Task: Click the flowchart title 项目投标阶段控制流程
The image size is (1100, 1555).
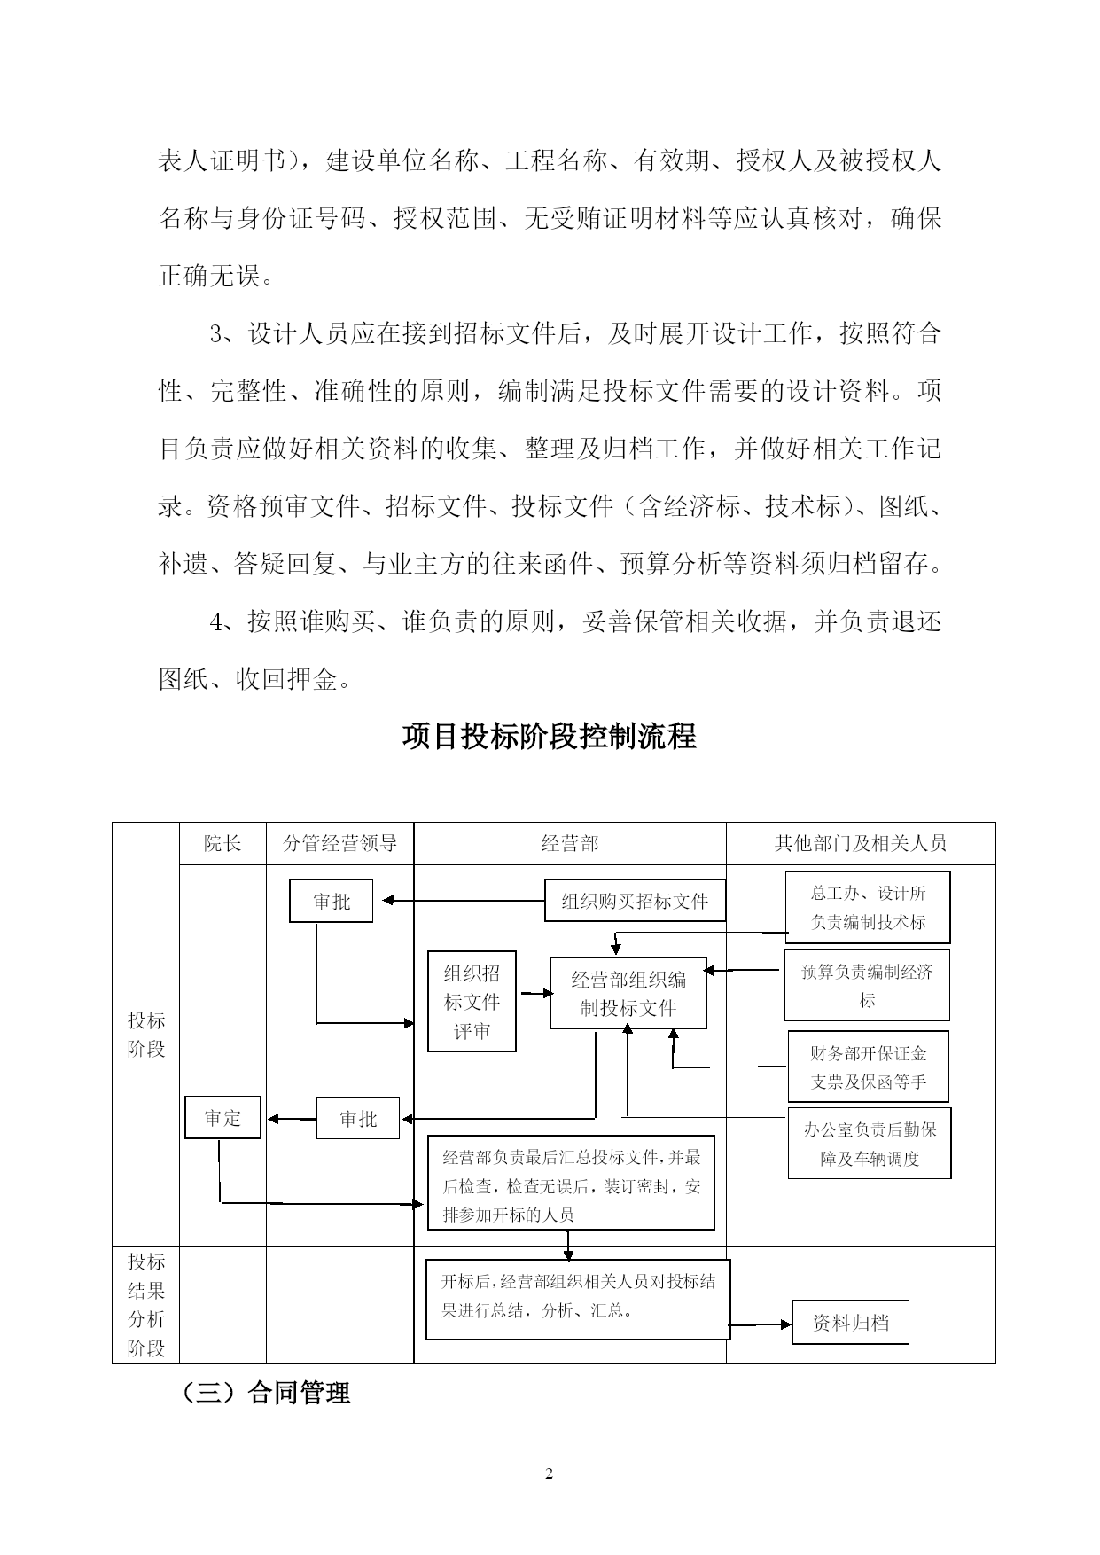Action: click(549, 736)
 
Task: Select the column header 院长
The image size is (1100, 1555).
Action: click(222, 843)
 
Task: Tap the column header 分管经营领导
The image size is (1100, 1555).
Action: click(339, 843)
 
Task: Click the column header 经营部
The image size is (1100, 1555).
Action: click(569, 843)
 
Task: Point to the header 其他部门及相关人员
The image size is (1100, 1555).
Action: click(860, 843)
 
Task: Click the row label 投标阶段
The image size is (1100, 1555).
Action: click(146, 1035)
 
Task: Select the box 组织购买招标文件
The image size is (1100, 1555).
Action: click(635, 902)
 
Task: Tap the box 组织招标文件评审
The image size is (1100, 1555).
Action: click(472, 1002)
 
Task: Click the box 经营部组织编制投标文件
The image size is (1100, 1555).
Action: click(628, 993)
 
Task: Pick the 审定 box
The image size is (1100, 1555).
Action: click(222, 1118)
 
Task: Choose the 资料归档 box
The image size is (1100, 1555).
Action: click(850, 1324)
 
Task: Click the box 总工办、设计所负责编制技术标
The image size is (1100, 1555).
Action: click(868, 907)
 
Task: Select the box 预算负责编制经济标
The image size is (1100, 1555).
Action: click(866, 985)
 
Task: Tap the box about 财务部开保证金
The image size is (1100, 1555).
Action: click(868, 1067)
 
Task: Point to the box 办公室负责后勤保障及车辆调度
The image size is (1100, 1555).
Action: click(869, 1143)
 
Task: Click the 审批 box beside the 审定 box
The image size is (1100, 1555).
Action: click(358, 1119)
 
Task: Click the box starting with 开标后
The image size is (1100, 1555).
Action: click(578, 1300)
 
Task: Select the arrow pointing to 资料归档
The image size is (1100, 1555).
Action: click(761, 1324)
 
